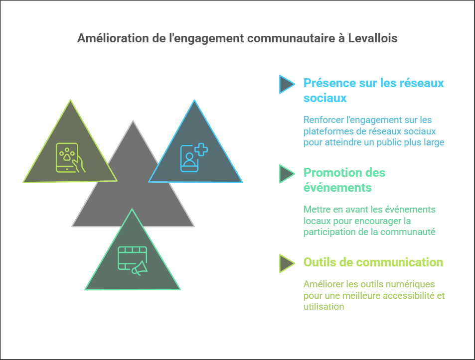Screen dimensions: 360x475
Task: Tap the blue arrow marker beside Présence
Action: pos(286,84)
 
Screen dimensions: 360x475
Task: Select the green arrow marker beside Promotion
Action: pos(286,174)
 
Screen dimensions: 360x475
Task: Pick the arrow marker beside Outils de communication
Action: pos(286,263)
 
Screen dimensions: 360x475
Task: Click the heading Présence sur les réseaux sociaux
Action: pos(373,90)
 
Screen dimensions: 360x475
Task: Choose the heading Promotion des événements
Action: pos(344,180)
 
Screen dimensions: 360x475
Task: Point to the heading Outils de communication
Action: pos(373,262)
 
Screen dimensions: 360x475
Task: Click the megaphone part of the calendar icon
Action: pos(140,268)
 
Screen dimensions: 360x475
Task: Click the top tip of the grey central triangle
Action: pos(133,122)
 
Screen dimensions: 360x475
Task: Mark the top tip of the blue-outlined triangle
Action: pos(194,102)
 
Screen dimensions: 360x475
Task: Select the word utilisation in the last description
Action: pos(323,307)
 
